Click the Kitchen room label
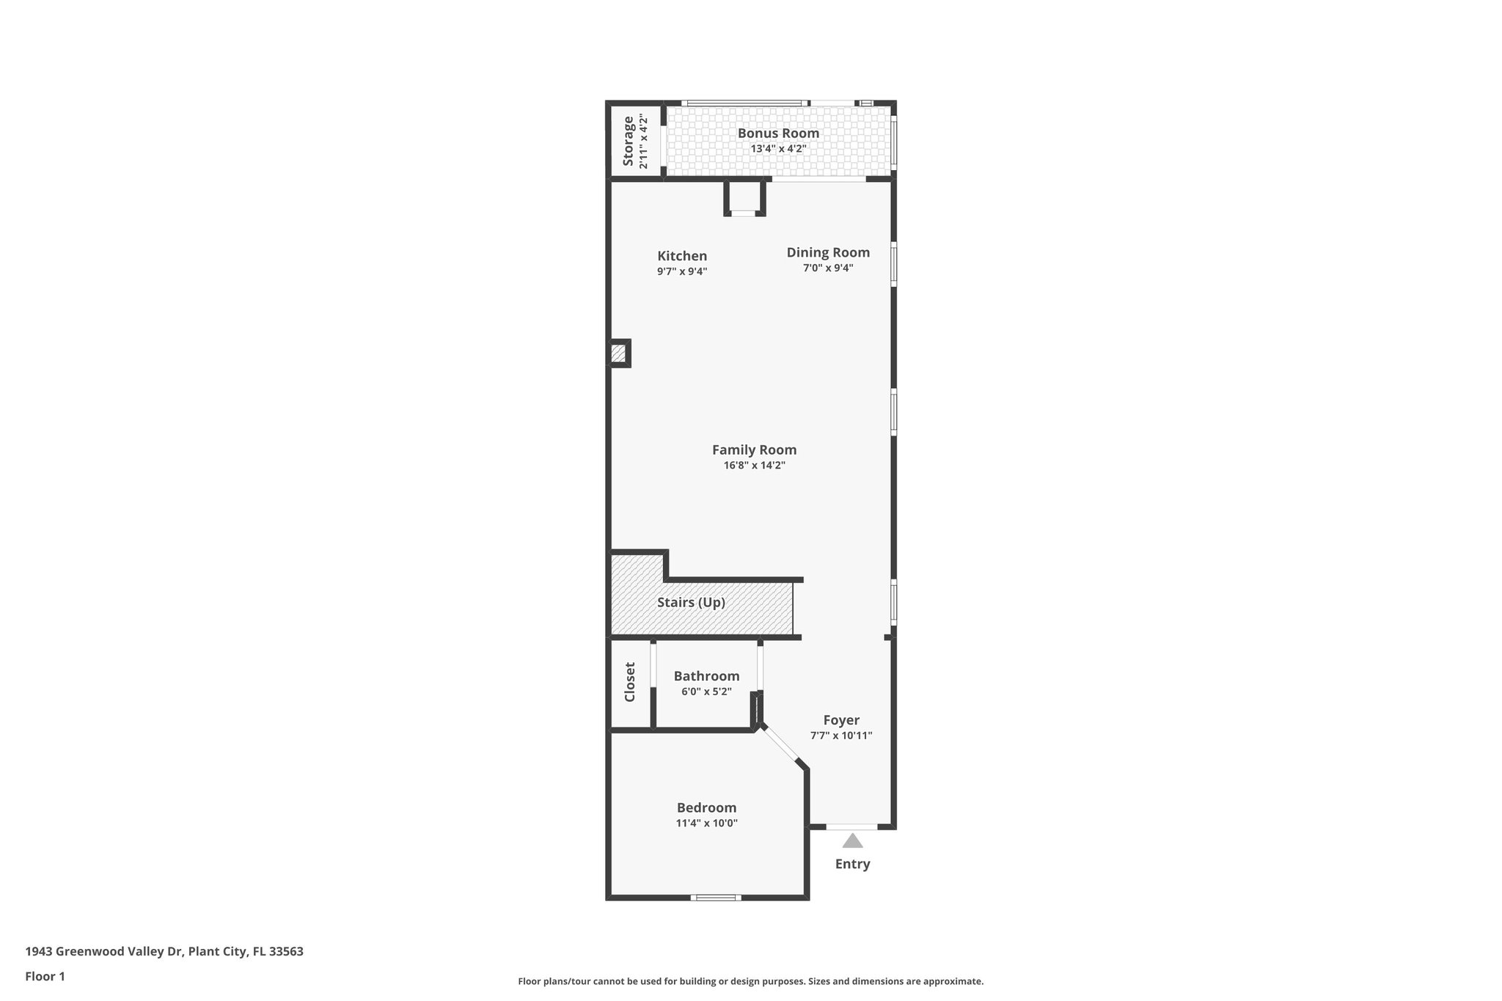tap(682, 256)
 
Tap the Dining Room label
tap(828, 252)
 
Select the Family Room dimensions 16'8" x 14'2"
tap(754, 465)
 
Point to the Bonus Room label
tap(778, 133)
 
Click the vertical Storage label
tap(629, 141)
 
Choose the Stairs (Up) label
tap(691, 602)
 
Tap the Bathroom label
tap(706, 675)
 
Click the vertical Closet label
tap(630, 682)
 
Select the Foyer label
tap(840, 719)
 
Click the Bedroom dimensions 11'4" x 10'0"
tap(706, 823)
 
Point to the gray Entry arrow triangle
tap(852, 840)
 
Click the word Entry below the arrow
tap(852, 864)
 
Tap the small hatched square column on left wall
tap(618, 353)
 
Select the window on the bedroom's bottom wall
tap(716, 897)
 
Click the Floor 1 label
tap(45, 976)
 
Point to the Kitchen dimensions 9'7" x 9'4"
tap(682, 271)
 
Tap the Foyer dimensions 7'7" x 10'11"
tap(840, 736)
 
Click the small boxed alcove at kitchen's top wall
tap(744, 197)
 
